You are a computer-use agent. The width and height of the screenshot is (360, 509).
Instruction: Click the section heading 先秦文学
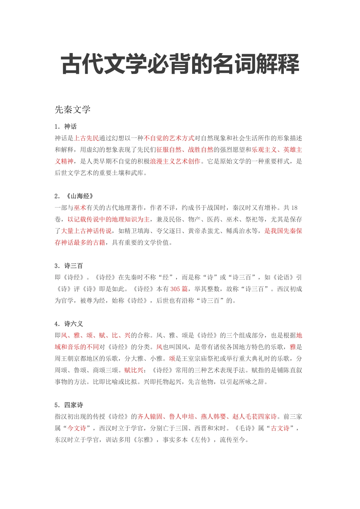click(73, 110)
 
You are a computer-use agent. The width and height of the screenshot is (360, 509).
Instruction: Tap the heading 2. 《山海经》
click(74, 196)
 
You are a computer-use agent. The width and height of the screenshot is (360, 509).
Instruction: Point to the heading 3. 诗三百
click(69, 266)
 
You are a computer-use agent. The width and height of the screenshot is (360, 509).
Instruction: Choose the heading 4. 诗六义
click(69, 324)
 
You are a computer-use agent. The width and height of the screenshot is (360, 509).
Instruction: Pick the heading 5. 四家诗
click(69, 405)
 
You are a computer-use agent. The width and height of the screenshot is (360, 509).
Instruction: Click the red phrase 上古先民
click(86, 138)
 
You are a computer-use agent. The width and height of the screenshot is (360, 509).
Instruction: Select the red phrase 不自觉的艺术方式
click(169, 138)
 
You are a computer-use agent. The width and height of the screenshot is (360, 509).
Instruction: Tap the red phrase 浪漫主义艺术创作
click(175, 161)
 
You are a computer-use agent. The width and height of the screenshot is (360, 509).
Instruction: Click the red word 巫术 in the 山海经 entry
click(80, 208)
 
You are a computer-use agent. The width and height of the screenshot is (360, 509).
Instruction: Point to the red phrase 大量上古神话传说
click(86, 231)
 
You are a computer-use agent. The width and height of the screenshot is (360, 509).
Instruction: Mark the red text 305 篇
click(179, 289)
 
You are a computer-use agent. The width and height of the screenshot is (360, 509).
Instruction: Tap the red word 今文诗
click(77, 428)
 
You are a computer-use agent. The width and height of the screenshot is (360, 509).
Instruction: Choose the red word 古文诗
click(280, 428)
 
